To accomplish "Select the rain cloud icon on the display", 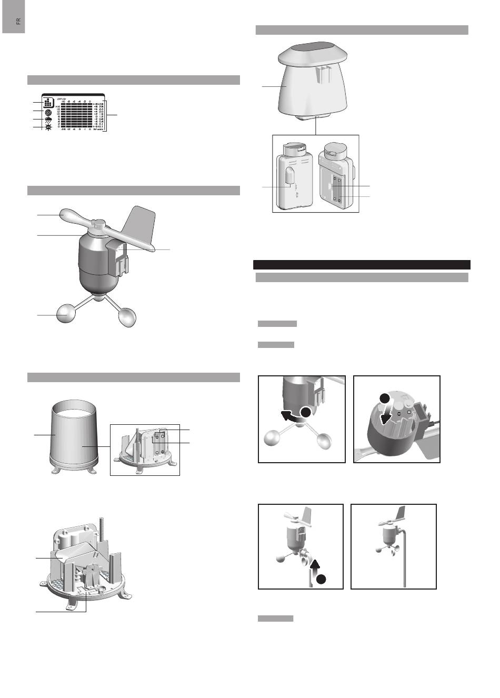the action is coord(48,121).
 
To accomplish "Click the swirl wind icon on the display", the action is coord(48,112).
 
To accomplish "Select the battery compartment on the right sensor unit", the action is coord(336,189).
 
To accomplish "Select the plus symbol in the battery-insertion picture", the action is coord(409,412).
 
